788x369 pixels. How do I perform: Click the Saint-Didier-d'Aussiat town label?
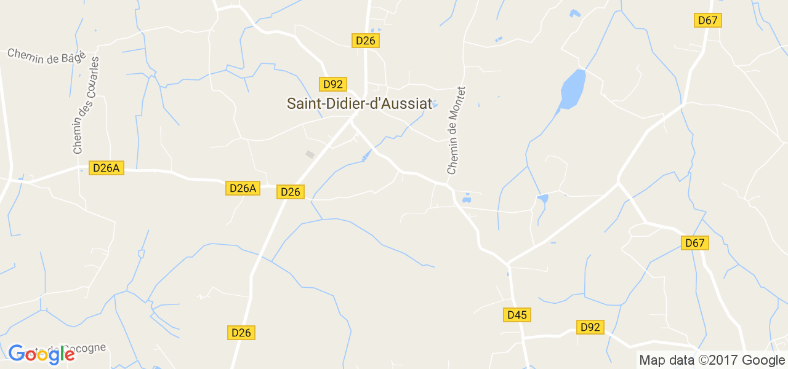[360, 104]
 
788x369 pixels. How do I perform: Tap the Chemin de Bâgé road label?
[46, 56]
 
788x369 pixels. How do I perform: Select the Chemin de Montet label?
[456, 130]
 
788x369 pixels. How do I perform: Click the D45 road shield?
[517, 315]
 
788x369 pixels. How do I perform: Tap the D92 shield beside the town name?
[332, 84]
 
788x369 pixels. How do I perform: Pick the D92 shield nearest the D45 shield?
[590, 327]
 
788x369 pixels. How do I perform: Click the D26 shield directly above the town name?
[365, 41]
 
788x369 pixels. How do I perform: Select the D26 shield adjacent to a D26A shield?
[290, 192]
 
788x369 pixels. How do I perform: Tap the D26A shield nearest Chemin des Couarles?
[107, 168]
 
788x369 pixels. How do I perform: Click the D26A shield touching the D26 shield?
[242, 188]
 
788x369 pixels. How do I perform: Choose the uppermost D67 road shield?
[708, 20]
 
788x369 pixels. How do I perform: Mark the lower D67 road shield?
[694, 243]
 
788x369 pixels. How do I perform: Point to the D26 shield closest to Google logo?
[241, 333]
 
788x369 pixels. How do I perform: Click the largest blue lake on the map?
[572, 89]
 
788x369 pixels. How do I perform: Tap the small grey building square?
[310, 154]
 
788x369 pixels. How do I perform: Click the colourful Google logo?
[41, 354]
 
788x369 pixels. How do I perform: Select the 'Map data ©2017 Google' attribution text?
[712, 360]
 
